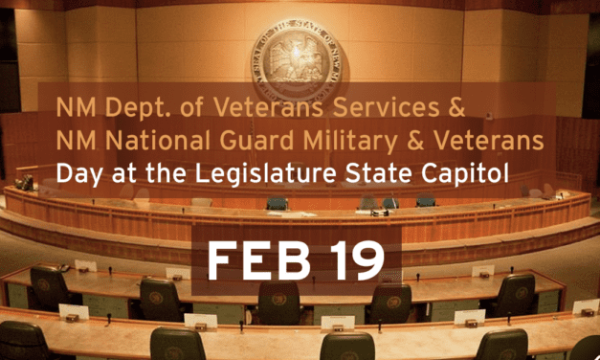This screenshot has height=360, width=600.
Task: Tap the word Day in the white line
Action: coord(78,175)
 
